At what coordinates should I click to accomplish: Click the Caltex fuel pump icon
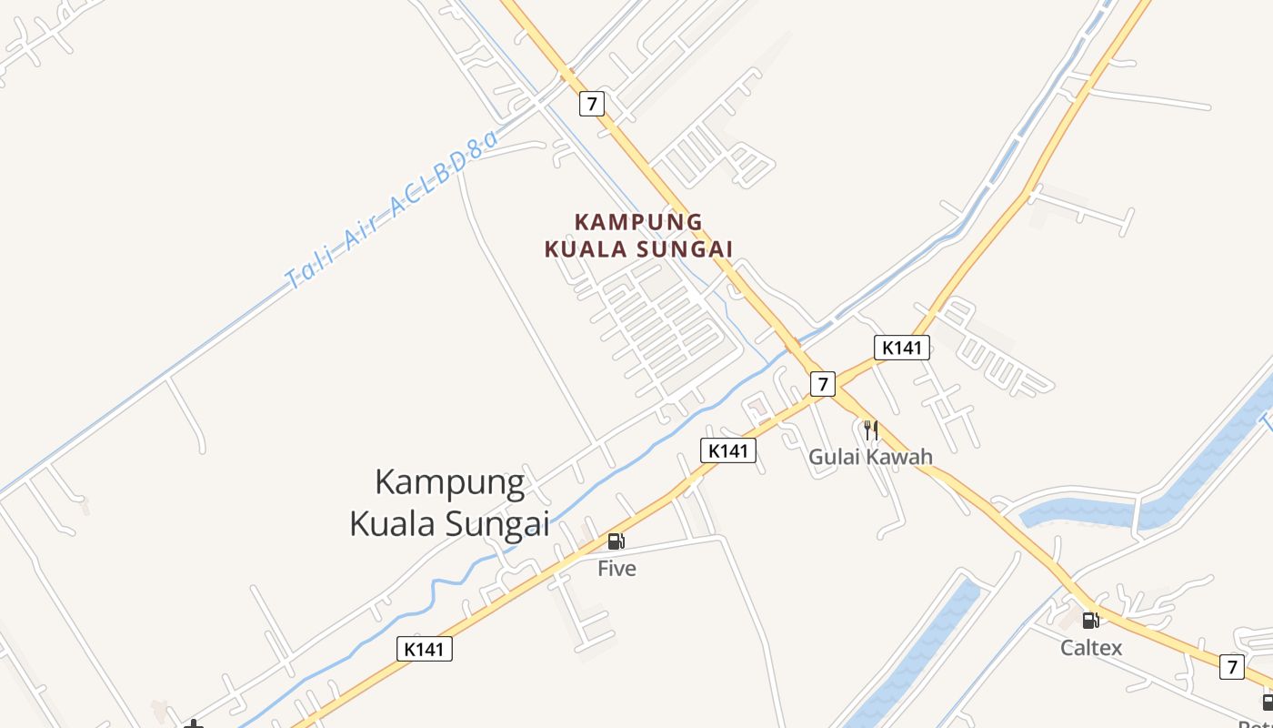(x=1090, y=621)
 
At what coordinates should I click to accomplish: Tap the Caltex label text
(x=1091, y=648)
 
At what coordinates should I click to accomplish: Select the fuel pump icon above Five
(x=616, y=541)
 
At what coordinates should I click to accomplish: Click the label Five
(x=616, y=569)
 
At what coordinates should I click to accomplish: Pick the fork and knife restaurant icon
(x=870, y=430)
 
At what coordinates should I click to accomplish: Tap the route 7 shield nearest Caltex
(x=1231, y=666)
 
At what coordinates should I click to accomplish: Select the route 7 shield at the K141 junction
(x=822, y=384)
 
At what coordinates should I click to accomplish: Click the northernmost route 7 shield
(x=592, y=104)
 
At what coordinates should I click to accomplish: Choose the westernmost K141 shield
(x=425, y=649)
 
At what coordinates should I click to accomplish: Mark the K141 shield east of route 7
(x=902, y=347)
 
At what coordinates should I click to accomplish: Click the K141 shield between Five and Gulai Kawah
(x=727, y=450)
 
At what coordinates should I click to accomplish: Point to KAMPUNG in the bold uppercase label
(x=639, y=222)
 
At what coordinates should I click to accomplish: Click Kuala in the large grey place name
(x=393, y=524)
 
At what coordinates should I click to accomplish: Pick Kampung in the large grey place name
(x=450, y=483)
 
